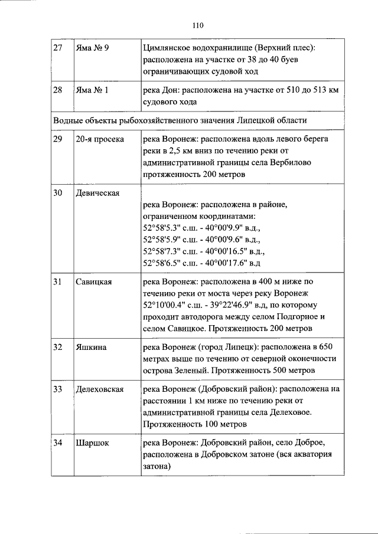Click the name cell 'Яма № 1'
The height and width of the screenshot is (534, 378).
coord(92,90)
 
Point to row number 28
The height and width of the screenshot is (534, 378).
coord(58,90)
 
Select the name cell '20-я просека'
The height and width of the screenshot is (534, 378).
coord(99,139)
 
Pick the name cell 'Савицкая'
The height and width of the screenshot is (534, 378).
coord(93,282)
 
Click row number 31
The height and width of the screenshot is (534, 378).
coord(58,282)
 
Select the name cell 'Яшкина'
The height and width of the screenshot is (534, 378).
coord(91,348)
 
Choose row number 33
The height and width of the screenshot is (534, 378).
coord(58,390)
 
